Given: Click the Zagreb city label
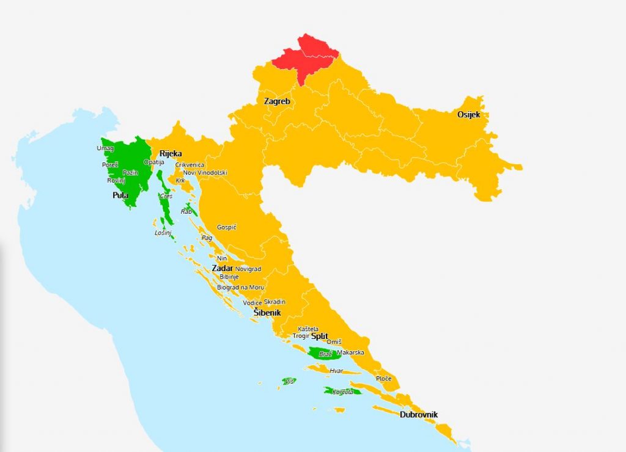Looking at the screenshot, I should click(277, 101).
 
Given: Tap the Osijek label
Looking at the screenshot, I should click(469, 115).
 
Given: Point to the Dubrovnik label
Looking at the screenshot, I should click(419, 415).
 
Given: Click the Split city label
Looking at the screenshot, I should click(320, 336).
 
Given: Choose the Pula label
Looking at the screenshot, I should click(120, 195).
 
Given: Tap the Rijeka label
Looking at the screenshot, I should click(171, 153).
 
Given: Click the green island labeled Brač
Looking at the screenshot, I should click(323, 354).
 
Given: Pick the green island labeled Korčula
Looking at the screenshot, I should click(342, 392).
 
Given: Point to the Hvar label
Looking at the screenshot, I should click(336, 371).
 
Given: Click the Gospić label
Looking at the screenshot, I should click(227, 227).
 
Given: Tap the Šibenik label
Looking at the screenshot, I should click(267, 313).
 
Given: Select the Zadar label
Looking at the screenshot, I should click(222, 268).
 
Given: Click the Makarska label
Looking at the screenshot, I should click(351, 353).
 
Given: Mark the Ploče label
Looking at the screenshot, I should click(383, 379).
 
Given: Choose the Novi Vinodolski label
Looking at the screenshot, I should click(205, 173).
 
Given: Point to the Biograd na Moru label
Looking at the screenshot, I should click(241, 287).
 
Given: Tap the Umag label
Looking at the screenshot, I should click(105, 148).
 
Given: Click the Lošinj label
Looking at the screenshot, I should click(163, 233).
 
